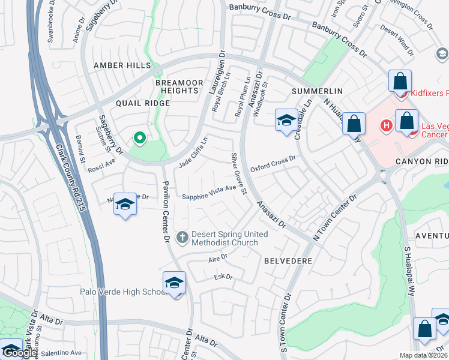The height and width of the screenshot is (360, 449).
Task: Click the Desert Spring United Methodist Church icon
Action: click(182, 238)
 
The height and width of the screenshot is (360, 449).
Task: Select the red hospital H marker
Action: click(387, 125)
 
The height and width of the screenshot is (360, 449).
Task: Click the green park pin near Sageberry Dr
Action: click(140, 139)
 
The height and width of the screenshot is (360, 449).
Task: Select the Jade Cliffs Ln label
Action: click(193, 152)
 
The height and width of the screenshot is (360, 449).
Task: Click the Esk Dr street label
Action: click(223, 277)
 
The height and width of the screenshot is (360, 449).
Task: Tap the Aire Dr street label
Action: click(218, 256)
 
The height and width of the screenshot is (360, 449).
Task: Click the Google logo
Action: click(20, 352)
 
